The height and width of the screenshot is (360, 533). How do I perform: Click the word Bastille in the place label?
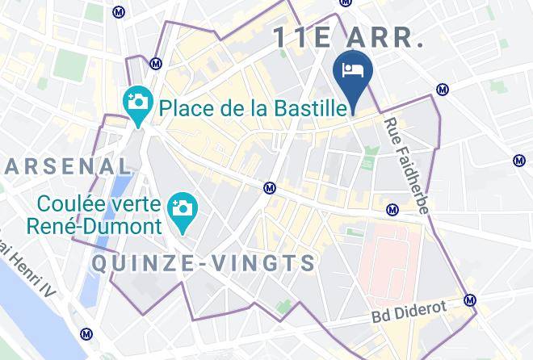(x=305, y=106)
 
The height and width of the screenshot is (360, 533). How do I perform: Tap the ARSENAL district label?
(x=68, y=166)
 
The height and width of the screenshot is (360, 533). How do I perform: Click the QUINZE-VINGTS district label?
(x=204, y=263)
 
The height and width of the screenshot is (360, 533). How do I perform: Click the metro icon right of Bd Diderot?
(x=470, y=300)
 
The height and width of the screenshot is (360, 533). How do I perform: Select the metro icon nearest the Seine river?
(x=86, y=333)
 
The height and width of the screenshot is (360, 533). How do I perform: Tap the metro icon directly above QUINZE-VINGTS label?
(x=270, y=188)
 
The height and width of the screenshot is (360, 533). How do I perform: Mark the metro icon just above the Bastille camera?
(x=156, y=62)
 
